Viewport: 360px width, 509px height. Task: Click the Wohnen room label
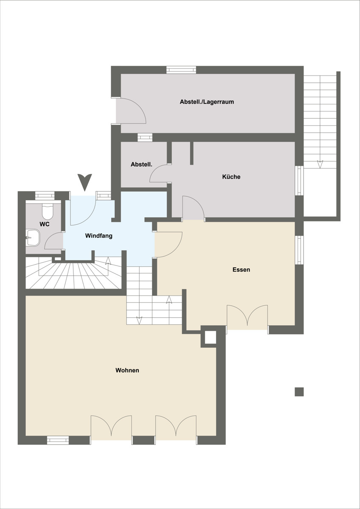pos(127,370)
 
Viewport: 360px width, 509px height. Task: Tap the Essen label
pos(241,269)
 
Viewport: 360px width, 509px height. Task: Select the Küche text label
pos(231,176)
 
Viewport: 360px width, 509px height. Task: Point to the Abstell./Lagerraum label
pos(207,101)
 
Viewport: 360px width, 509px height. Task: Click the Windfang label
pos(98,236)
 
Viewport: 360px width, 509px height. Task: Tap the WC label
pos(45,224)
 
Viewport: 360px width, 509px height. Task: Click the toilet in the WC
pos(48,211)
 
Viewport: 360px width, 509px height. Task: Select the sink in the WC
pos(33,238)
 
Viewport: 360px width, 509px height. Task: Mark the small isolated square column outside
pos(299,392)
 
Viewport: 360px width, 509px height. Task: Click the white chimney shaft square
pos(211,338)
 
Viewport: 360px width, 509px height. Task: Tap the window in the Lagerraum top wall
pos(181,70)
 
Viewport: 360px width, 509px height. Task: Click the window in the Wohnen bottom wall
pos(58,440)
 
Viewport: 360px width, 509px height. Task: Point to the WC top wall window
pos(45,196)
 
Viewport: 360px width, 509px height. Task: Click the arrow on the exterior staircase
pos(320,164)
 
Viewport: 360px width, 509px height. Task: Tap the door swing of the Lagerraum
pos(133,111)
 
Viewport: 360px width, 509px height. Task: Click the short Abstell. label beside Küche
pos(141,164)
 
